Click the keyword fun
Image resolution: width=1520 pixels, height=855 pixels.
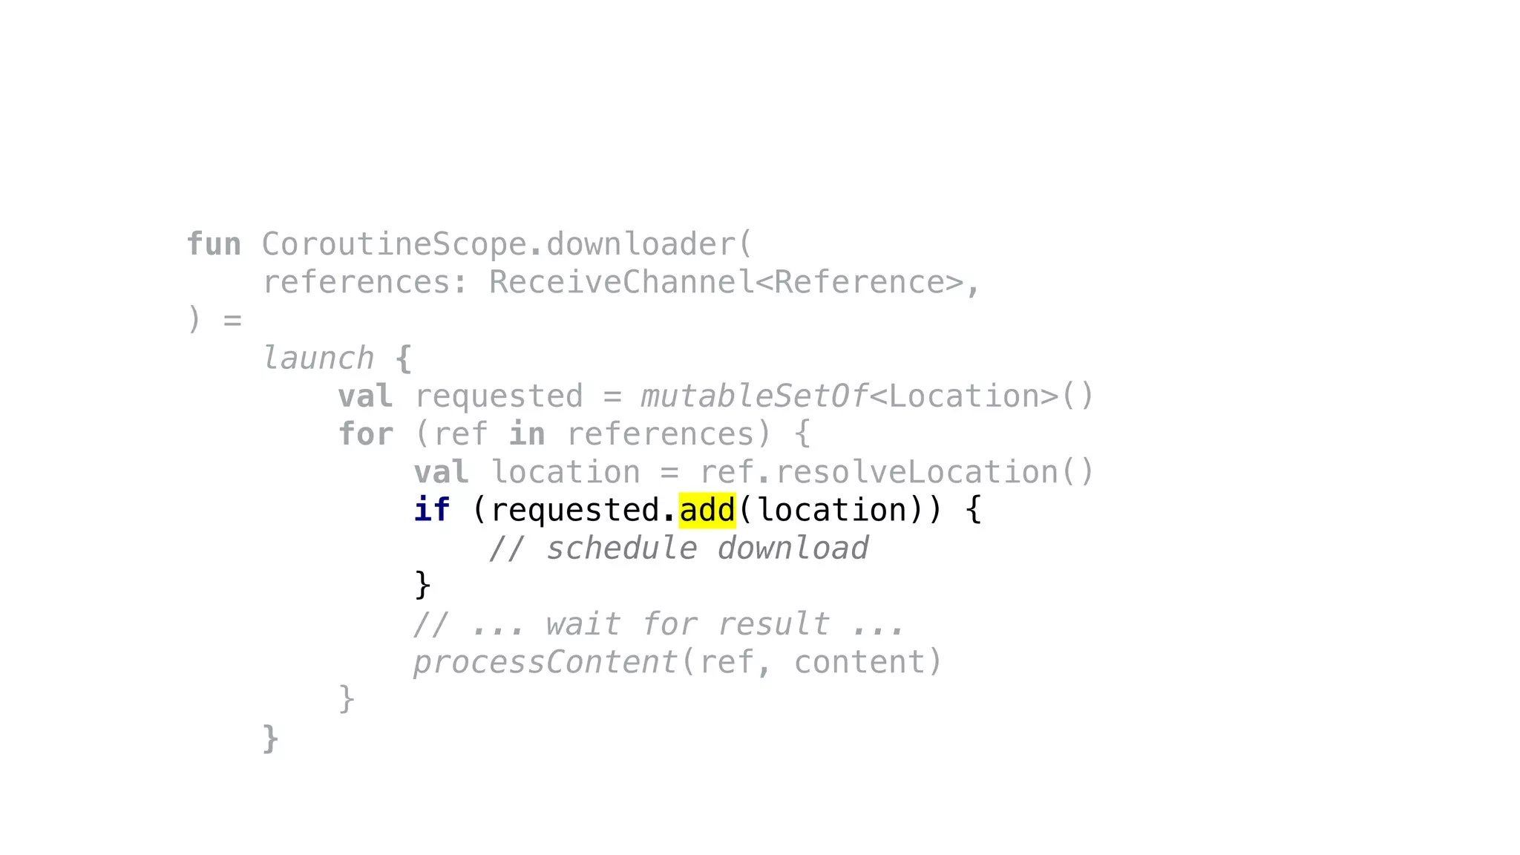(x=214, y=244)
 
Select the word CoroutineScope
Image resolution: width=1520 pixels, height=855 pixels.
(x=393, y=244)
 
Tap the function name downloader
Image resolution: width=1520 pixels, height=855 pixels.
(x=641, y=244)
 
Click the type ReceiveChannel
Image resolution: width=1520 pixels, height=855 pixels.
(x=621, y=283)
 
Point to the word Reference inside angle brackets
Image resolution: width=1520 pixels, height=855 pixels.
(x=859, y=283)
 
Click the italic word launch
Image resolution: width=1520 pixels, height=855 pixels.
(x=318, y=358)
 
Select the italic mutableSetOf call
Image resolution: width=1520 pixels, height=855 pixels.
(x=754, y=396)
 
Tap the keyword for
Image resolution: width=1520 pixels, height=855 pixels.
(x=366, y=434)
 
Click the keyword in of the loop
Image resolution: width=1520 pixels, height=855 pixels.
(x=527, y=434)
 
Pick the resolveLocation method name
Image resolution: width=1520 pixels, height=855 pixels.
(x=916, y=473)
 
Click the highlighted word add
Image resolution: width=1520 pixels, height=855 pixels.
(x=707, y=511)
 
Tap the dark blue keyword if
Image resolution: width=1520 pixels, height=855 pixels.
(x=432, y=511)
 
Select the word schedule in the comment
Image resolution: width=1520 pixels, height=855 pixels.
(x=622, y=548)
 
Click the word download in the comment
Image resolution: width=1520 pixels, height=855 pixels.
(x=793, y=548)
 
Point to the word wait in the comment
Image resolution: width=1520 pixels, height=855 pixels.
(x=583, y=624)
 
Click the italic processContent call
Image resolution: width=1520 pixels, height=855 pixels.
(x=546, y=662)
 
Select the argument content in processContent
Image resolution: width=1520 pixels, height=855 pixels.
(x=859, y=662)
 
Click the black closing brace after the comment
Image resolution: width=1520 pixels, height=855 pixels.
(x=422, y=586)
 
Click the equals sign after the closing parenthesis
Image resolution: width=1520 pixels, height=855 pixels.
(x=232, y=321)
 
